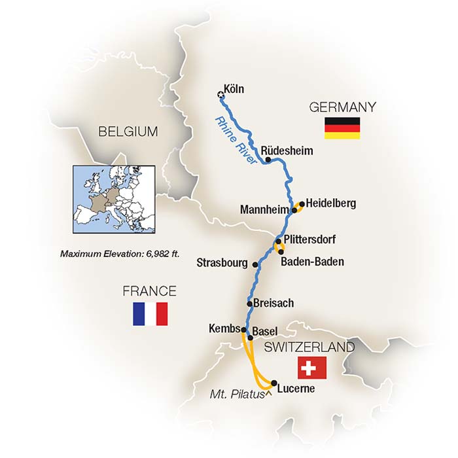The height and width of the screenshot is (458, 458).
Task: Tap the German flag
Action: coord(342,128)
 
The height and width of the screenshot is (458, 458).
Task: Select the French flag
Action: coord(150,313)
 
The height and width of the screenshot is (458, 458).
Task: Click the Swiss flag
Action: coord(311,368)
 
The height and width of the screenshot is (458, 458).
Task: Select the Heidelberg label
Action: coord(331,203)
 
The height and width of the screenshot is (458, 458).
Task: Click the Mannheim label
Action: coord(264,211)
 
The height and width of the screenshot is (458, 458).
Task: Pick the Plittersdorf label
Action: coord(309,239)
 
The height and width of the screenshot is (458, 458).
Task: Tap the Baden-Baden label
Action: coord(311,262)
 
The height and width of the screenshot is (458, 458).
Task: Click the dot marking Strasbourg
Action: coord(255,265)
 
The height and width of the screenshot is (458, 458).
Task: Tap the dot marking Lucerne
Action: coord(273,383)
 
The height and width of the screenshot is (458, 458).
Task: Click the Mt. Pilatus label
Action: coord(236,395)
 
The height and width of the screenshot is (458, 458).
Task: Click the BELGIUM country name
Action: coord(128,132)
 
